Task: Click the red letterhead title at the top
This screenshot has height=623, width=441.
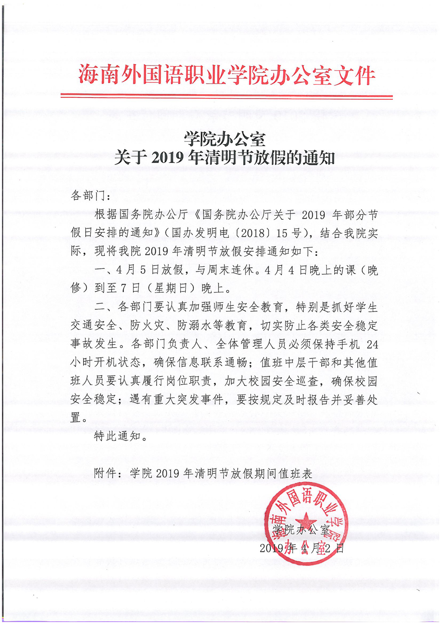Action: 227,75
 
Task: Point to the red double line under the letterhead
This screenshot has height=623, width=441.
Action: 227,96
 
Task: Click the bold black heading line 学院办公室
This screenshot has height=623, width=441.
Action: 225,139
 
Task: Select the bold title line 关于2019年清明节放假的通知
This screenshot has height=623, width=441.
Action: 225,157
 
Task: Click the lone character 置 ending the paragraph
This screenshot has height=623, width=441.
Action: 76,417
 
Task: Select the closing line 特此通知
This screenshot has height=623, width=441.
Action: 118,436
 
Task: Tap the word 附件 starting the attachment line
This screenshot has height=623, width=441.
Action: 105,473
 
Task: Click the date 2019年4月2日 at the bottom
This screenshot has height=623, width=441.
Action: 302,548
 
